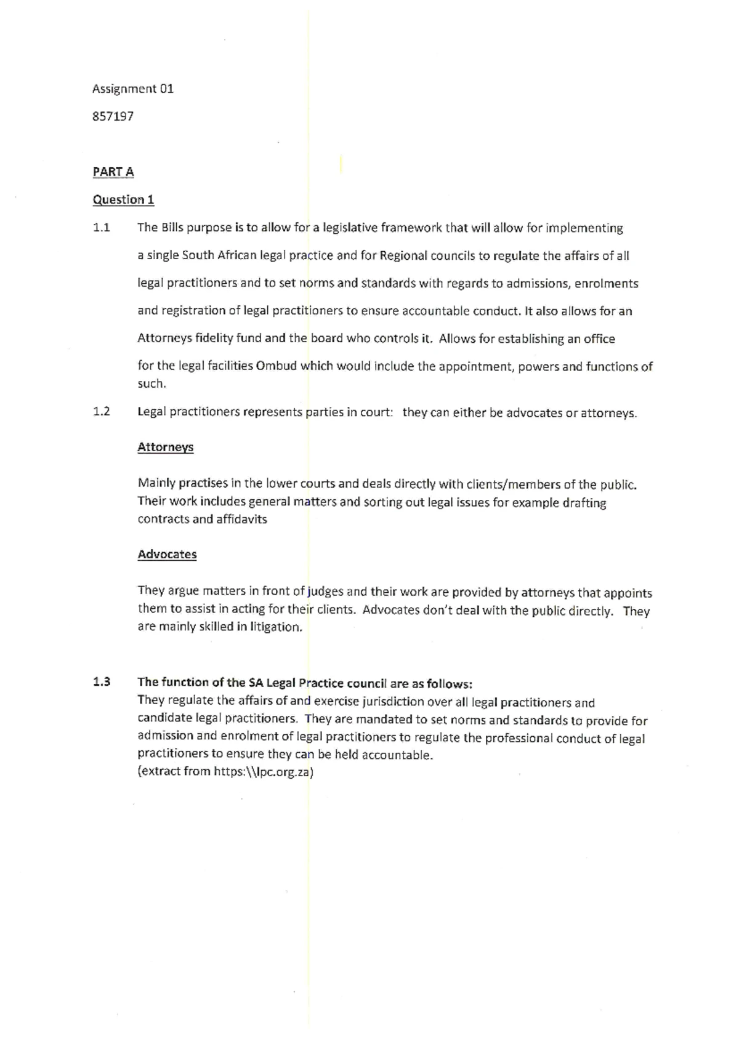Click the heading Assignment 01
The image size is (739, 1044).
132,89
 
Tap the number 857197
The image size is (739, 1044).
113,116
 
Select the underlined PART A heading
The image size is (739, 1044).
113,172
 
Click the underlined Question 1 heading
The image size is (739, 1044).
123,199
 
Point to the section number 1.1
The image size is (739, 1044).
101,228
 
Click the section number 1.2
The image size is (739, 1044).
101,412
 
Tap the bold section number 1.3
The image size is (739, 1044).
101,682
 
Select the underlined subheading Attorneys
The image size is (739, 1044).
165,448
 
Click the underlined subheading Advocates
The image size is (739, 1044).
167,555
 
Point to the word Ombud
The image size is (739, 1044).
276,366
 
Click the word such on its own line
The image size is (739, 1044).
151,383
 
